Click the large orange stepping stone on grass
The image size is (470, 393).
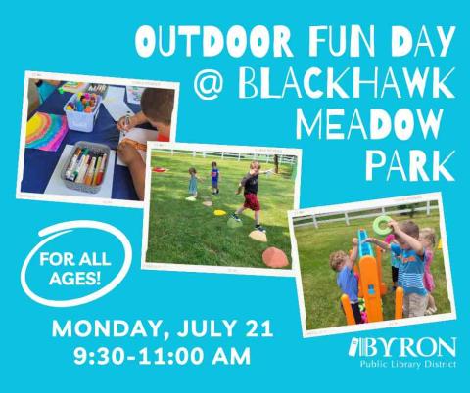tap(275, 257)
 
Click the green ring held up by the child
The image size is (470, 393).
tap(380, 225)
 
